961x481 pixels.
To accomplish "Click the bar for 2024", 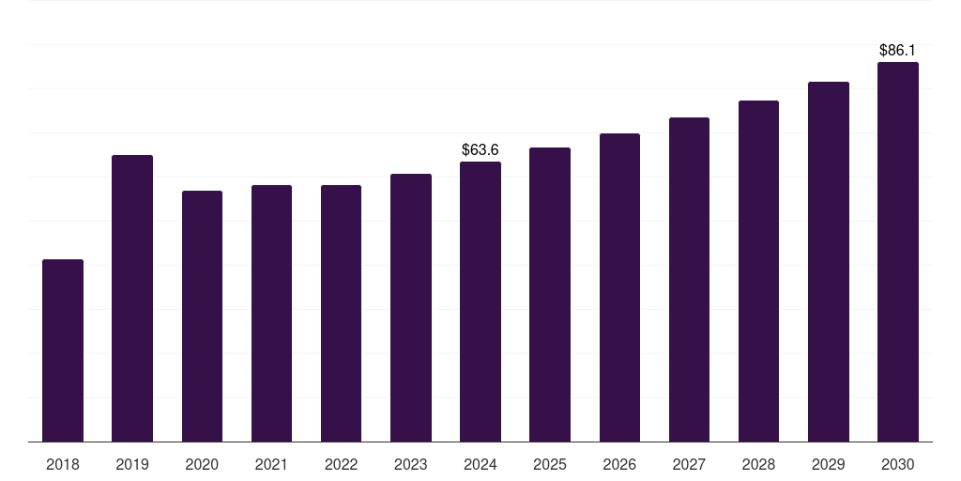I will pos(480,302).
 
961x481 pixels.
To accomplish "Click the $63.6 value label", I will pos(480,149).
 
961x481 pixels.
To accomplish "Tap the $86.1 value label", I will pos(897,50).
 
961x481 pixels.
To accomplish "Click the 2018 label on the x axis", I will pos(63,464).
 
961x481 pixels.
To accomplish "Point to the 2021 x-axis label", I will pos(271,464).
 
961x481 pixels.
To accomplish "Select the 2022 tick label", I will pos(341,464).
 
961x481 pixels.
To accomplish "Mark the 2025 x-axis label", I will pos(550,464).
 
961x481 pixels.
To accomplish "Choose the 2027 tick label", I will pos(689,464).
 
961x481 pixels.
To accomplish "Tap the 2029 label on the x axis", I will pos(828,464).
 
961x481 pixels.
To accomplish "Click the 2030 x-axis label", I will pos(897,464).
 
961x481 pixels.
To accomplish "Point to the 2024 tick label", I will pos(480,464).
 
